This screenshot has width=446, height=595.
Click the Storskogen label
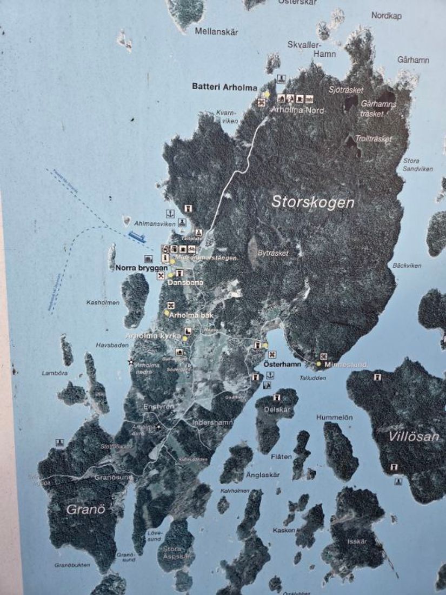click(x=313, y=203)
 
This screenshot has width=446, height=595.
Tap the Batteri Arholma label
click(x=224, y=86)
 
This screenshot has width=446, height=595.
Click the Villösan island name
click(x=414, y=437)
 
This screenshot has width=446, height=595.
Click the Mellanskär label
click(x=216, y=31)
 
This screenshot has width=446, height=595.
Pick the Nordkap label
click(x=387, y=16)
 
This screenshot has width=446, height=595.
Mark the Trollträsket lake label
click(x=374, y=139)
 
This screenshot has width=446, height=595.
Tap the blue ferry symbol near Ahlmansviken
click(x=137, y=236)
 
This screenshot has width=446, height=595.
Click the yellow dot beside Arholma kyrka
click(x=185, y=339)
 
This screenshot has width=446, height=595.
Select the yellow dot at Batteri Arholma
click(x=267, y=94)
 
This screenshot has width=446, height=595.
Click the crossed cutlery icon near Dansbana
click(x=161, y=276)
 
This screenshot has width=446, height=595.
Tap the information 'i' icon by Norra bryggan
click(x=165, y=259)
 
